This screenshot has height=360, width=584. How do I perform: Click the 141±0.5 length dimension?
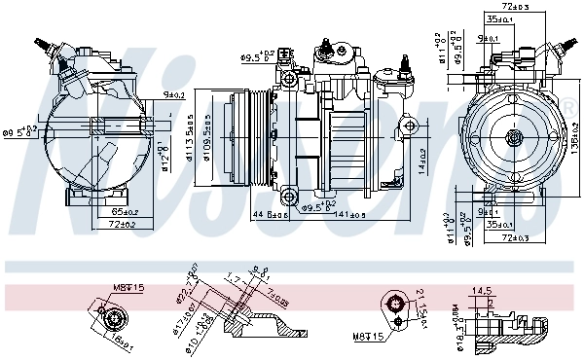[357, 215]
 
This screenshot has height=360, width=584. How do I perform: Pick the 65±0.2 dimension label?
[124, 211]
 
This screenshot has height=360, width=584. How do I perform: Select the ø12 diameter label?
[165, 155]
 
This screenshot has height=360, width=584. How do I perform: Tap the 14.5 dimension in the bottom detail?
[482, 290]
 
